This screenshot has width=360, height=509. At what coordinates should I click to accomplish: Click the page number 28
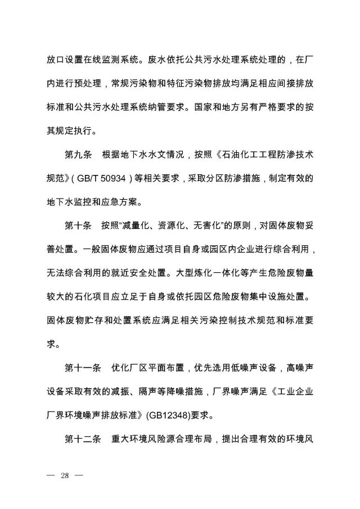coord(64,476)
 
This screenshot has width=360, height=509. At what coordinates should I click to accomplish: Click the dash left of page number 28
coord(51,476)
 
